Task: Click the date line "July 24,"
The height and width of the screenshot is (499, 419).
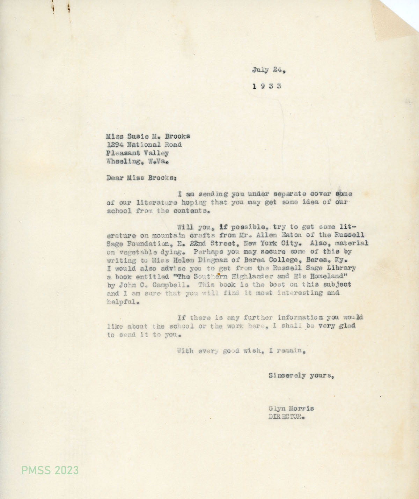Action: pos(269,70)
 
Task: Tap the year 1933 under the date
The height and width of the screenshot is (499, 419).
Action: pos(267,86)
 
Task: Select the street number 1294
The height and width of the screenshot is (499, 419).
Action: pos(115,145)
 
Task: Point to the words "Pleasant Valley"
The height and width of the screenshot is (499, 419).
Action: pos(138,153)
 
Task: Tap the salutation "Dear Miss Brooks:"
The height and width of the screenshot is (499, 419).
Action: pos(141,177)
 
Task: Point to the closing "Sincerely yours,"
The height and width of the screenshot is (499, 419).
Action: pos(302,376)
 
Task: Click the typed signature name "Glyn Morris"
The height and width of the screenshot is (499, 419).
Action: pos(291,409)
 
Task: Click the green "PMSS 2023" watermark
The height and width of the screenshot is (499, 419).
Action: pos(50,470)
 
